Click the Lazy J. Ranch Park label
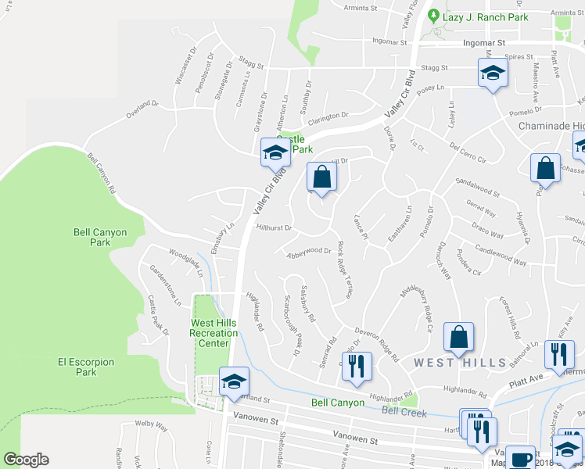[x=485, y=17]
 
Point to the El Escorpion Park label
[x=86, y=367]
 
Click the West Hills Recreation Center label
[x=214, y=333]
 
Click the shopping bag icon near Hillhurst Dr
[x=321, y=177]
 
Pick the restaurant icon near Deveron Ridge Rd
[x=356, y=366]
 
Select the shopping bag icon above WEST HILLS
[x=458, y=337]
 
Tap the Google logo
[x=26, y=460]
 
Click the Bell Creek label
[x=404, y=411]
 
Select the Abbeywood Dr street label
[x=310, y=252]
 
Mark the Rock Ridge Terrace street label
[x=344, y=270]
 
